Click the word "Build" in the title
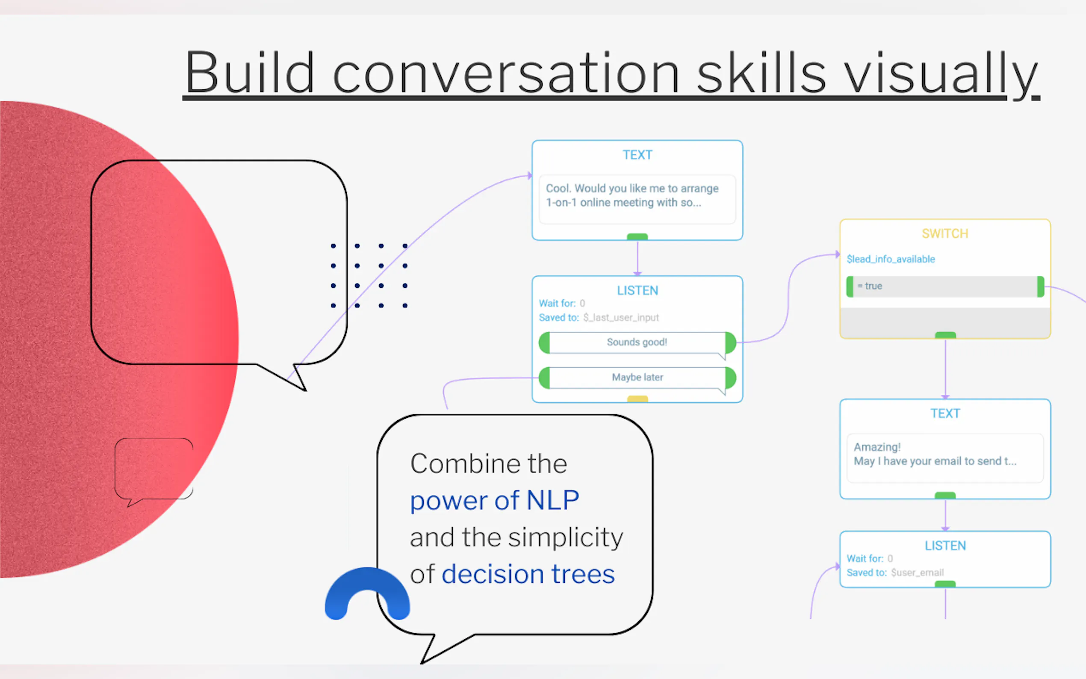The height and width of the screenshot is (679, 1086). coord(250,73)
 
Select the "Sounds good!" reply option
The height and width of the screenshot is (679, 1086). coord(637,342)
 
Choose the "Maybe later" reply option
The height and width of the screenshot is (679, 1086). coord(637,377)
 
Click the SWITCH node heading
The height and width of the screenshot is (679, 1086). coord(945,233)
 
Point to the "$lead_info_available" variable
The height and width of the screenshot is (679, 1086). coord(891,259)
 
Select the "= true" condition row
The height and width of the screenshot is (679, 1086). coord(945,286)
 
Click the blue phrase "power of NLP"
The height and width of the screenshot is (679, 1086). coord(494,500)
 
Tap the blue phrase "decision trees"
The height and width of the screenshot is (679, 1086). coord(528,574)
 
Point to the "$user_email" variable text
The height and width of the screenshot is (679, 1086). coord(917,573)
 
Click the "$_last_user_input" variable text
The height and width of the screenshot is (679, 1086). coord(621,318)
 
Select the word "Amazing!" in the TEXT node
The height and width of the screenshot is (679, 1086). coord(877,447)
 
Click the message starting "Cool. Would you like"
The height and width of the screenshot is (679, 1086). coord(632,195)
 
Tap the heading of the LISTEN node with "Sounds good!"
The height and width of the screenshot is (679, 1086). coord(637,291)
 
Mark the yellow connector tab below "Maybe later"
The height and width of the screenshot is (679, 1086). coord(637,399)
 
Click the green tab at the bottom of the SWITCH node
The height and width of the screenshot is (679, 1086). coord(945,335)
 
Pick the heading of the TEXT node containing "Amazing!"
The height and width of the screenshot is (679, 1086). coord(945,413)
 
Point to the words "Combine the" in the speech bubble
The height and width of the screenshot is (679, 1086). coord(488,463)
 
